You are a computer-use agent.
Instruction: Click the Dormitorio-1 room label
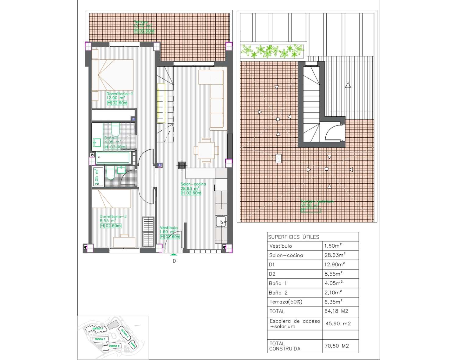[119, 94]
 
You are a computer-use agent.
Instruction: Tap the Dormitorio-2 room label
[113, 217]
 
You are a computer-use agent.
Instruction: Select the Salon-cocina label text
[193, 184]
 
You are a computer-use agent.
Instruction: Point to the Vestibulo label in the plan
[169, 228]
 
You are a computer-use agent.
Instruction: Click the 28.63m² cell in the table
[335, 255]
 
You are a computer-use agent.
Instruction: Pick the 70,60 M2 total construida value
[337, 346]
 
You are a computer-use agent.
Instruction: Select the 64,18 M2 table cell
[336, 311]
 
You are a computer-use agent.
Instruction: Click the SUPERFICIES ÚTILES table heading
[294, 237]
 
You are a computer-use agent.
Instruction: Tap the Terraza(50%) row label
[286, 302]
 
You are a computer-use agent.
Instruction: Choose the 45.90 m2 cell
[338, 323]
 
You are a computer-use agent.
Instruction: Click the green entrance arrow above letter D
[174, 254]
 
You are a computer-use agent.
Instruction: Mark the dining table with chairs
[206, 150]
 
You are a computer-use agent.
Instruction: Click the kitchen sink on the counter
[221, 222]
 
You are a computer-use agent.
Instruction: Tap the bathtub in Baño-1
[113, 158]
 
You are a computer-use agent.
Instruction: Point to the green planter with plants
[272, 51]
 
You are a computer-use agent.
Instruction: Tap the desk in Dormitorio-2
[124, 241]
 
